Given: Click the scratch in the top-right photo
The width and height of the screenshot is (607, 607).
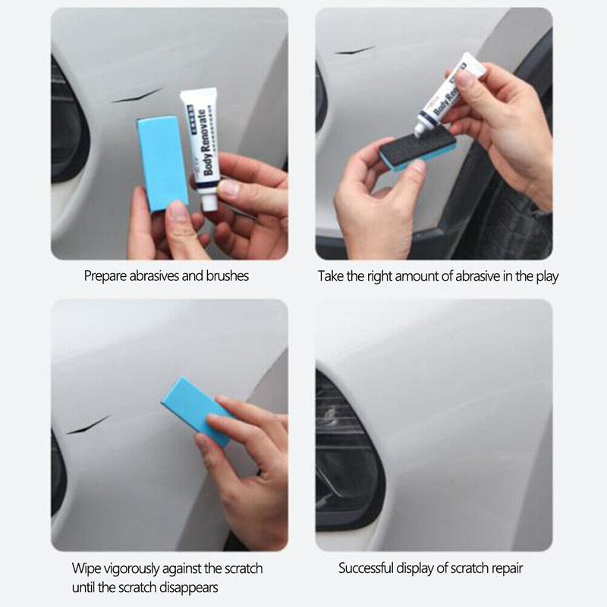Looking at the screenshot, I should (355, 51).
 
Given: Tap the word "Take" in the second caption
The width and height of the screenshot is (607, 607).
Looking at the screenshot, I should (331, 276).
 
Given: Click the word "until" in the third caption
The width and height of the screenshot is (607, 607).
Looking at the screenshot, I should (86, 587).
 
